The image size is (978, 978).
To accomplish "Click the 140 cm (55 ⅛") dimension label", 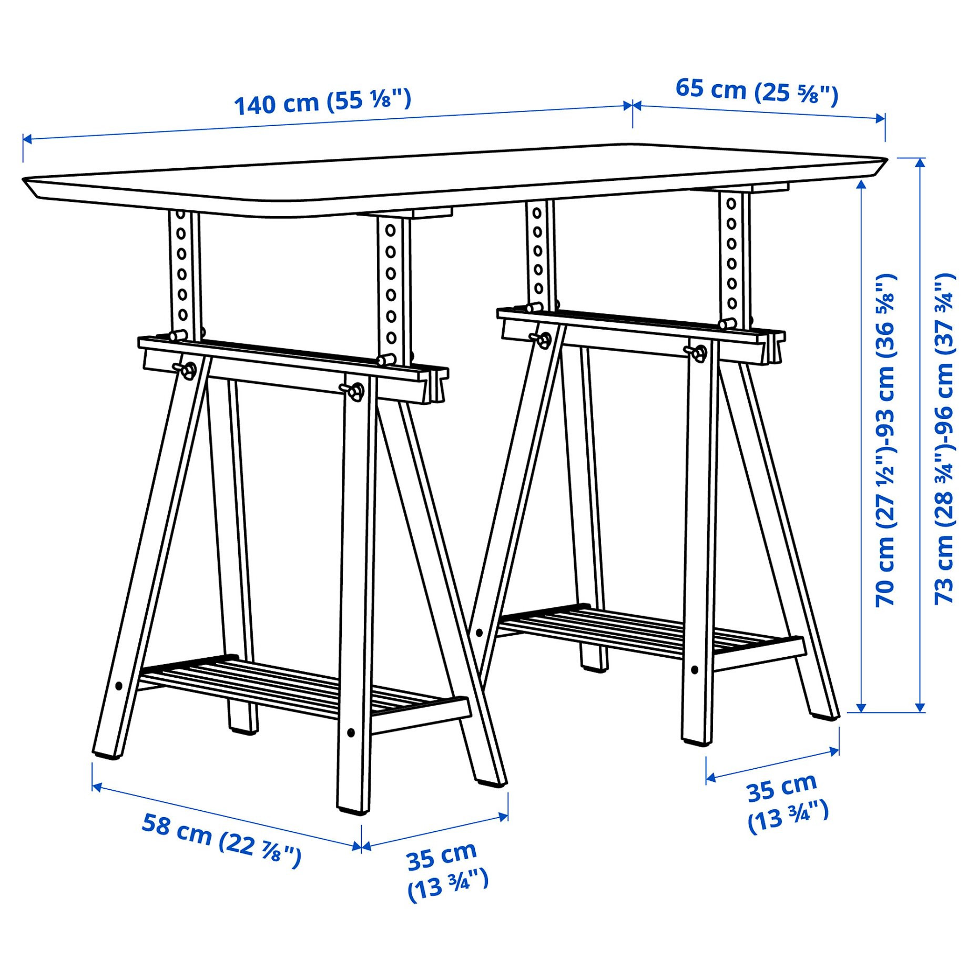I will [322, 102].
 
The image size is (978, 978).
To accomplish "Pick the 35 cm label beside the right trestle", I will [786, 802].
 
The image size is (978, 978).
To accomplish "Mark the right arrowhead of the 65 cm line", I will [880, 118].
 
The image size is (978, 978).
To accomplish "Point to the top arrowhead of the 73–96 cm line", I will [920, 162].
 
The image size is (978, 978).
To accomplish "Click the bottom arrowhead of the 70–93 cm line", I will [861, 708].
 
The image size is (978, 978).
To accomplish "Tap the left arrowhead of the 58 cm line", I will [96, 787].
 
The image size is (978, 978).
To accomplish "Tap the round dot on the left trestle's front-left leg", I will [118, 686].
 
